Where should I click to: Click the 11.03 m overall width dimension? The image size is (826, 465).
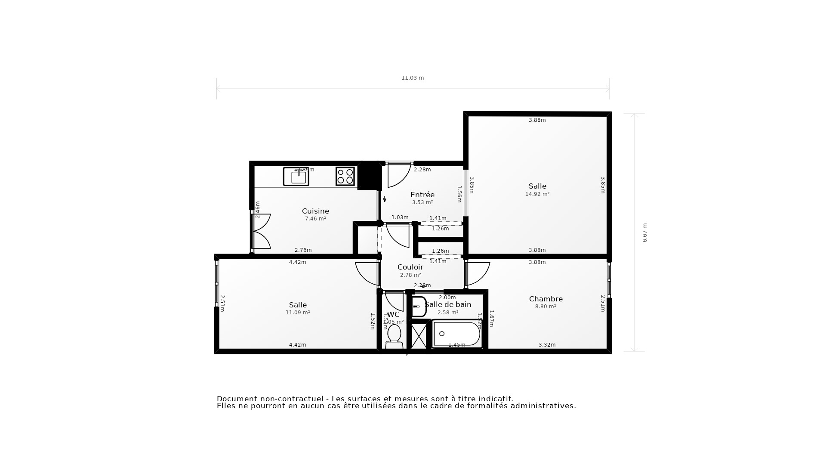[x=412, y=78]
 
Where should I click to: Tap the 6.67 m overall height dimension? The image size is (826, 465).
[x=644, y=232]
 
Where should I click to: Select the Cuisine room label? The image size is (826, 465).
[x=315, y=211]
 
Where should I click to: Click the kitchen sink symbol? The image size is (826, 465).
[x=296, y=176]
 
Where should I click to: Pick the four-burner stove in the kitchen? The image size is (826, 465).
[x=345, y=176]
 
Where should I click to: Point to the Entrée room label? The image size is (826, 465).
[x=422, y=195]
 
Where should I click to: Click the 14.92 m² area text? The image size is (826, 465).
[x=537, y=194]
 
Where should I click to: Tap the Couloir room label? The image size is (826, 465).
[x=410, y=267]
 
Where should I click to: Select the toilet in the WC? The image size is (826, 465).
[x=394, y=336]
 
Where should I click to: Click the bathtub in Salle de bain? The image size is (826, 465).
[x=457, y=334]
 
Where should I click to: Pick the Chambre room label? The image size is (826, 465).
[x=546, y=299]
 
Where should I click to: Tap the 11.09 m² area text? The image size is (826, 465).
[x=298, y=313]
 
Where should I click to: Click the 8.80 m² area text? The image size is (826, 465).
[x=546, y=307]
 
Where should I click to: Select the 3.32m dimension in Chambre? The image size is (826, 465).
[x=547, y=345]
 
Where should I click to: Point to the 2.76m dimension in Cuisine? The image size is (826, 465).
[x=303, y=250]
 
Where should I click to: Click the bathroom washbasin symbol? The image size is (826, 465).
[x=419, y=306]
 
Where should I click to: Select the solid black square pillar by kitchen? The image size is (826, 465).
[x=369, y=176]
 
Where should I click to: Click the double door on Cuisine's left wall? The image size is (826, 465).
[x=261, y=232]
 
